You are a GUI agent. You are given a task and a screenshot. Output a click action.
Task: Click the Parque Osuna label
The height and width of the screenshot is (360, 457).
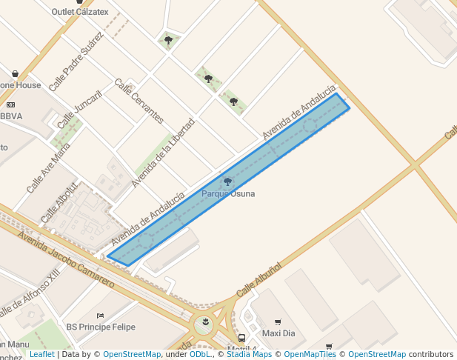click(x=228, y=194)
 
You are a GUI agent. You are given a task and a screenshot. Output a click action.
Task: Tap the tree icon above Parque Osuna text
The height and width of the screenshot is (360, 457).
click(x=227, y=181)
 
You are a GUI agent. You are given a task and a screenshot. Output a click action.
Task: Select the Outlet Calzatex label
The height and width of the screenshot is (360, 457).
click(x=80, y=12)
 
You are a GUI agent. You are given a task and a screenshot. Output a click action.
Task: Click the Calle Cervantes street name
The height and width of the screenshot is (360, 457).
click(x=139, y=101)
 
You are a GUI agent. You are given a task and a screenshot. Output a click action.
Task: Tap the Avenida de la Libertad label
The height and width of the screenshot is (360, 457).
click(x=163, y=152)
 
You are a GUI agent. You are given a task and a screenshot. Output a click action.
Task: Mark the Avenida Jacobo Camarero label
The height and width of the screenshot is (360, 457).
click(x=66, y=259)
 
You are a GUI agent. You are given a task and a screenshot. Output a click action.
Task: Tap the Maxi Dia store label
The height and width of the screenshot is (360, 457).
click(x=278, y=333)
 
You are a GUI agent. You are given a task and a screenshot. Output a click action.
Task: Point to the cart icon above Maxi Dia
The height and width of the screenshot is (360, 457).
click(x=278, y=322)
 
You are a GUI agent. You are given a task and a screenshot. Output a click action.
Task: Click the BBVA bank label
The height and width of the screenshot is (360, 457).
click(x=12, y=116)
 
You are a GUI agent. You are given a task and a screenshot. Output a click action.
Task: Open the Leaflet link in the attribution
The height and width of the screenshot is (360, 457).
click(x=41, y=355)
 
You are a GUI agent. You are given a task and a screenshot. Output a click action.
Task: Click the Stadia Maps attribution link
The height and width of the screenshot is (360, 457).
click(x=249, y=355)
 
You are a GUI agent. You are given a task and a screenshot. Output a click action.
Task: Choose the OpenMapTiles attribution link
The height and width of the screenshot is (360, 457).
click(x=310, y=355)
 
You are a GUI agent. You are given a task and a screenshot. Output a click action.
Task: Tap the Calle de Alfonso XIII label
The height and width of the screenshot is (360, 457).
click(x=30, y=296)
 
